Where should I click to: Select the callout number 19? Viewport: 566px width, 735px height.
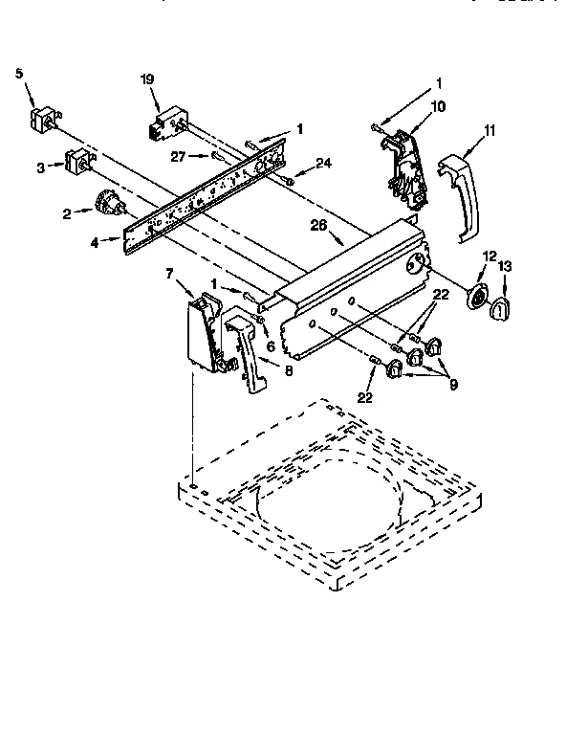pyautogui.click(x=147, y=80)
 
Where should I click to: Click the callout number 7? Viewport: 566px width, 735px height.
pyautogui.click(x=170, y=275)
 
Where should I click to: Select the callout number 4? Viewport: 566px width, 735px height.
pyautogui.click(x=94, y=242)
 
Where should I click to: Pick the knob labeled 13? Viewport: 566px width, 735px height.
pyautogui.click(x=502, y=308)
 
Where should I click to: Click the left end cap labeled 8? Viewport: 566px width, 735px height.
pyautogui.click(x=246, y=354)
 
